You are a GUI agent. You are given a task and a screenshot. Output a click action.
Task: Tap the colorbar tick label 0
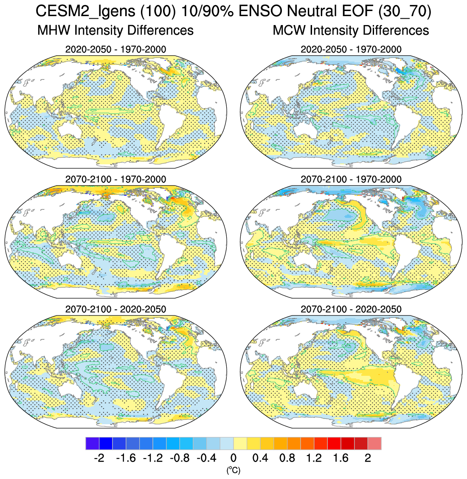(233, 458)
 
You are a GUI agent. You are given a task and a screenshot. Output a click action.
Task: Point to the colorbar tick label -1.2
(152, 458)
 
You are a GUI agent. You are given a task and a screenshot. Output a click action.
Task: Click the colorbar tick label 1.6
(341, 458)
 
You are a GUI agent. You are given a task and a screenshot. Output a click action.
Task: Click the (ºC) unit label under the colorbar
(233, 470)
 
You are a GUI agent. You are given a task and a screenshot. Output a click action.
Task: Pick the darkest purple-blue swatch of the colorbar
(92, 443)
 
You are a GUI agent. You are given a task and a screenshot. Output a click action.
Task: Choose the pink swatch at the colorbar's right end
(374, 443)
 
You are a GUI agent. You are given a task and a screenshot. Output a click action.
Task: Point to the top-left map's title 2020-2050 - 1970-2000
(115, 49)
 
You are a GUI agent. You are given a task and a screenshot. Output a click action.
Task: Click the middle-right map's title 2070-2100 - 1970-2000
(351, 179)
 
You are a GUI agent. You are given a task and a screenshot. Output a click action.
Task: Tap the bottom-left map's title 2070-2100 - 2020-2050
(115, 309)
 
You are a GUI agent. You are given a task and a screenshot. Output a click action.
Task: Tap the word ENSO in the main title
(258, 11)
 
